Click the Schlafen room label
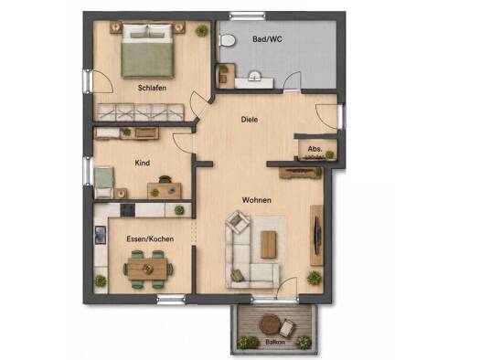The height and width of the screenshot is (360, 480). click(152, 88)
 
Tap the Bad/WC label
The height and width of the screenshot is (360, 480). click(267, 39)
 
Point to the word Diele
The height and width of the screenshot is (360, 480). click(250, 120)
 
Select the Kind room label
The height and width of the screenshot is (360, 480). click(143, 163)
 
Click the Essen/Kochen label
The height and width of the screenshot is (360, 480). click(150, 238)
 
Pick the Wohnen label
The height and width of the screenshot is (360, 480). click(257, 200)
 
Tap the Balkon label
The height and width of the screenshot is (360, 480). click(275, 342)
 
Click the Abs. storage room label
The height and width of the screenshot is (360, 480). click(315, 149)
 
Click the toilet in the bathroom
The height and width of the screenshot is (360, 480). click(228, 40)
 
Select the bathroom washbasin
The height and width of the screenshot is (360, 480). click(254, 76)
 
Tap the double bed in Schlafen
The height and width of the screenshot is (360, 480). click(147, 51)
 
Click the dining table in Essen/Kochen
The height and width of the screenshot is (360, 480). click(148, 269)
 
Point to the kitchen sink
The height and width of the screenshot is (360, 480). click(101, 235)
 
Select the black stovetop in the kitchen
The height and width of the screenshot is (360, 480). click(128, 210)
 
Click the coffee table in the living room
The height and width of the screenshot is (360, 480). click(269, 244)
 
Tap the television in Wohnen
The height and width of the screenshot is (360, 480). click(318, 235)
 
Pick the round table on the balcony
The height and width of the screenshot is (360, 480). click(270, 323)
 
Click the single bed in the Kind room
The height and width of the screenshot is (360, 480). click(104, 183)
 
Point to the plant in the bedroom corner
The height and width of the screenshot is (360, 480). click(202, 30)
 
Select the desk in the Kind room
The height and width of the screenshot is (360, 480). click(165, 190)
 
